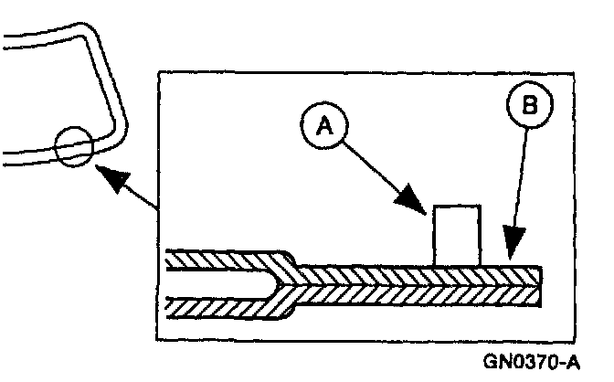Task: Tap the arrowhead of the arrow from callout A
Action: (x=417, y=202)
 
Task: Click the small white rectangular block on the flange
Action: (x=456, y=236)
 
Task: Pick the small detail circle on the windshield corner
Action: (x=73, y=146)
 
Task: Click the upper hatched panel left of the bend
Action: (x=219, y=260)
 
